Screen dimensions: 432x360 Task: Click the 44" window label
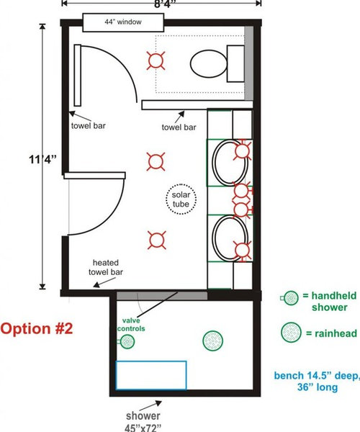point(122,23)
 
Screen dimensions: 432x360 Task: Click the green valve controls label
point(130,325)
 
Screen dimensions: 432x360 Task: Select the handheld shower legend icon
point(289,297)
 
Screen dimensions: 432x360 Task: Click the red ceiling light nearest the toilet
point(157,60)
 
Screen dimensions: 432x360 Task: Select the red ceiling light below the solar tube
point(157,239)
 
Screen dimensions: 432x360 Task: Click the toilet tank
point(235,63)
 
